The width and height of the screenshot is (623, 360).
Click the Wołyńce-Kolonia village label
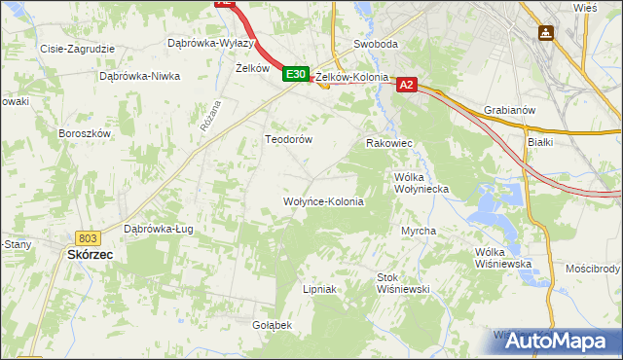tap(322, 202)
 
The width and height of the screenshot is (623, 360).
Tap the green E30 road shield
tap(296, 74)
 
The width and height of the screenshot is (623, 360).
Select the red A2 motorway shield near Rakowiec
tap(407, 86)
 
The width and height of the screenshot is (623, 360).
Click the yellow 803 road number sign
tap(88, 237)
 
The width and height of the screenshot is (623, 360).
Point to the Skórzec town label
tap(90, 254)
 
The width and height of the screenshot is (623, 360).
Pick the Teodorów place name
tap(288, 139)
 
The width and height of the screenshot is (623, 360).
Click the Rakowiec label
tap(388, 143)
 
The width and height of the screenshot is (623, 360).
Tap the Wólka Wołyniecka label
tap(421, 183)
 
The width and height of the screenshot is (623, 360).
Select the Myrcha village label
tap(418, 231)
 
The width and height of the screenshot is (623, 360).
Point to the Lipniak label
tap(319, 289)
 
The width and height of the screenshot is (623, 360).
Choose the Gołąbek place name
tap(272, 324)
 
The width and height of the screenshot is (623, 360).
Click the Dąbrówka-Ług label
tap(156, 230)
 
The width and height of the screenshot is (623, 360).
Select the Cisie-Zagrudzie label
tap(77, 48)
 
